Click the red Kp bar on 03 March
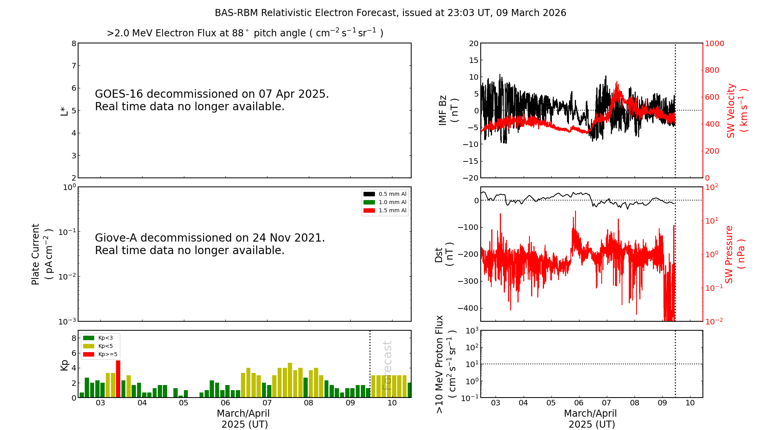coord(118,379)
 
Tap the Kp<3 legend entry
coord(100,338)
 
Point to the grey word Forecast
coord(387,365)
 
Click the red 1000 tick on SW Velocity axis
coord(714,43)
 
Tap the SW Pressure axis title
coord(735,254)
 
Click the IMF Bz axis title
coord(448,110)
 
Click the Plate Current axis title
coord(41,254)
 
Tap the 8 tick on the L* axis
coord(74,43)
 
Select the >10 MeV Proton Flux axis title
coord(446,364)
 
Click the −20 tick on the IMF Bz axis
coord(471,178)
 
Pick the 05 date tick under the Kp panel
coord(184,403)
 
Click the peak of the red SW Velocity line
coord(617,82)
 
